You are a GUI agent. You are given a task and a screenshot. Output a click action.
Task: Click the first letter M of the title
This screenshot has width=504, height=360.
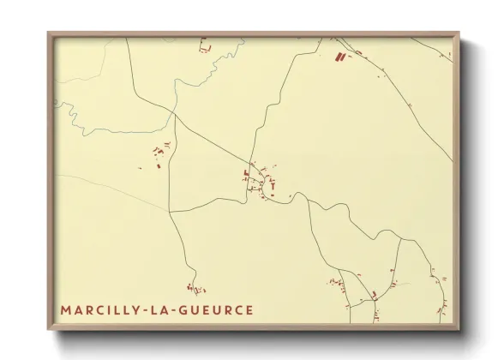tap(66, 309)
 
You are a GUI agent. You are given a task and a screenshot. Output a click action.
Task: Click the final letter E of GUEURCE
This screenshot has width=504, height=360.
tap(249, 309)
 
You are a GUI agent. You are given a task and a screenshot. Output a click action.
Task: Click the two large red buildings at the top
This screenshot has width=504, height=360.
tap(339, 58)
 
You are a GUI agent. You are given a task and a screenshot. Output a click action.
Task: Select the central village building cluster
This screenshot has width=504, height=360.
tap(260, 179)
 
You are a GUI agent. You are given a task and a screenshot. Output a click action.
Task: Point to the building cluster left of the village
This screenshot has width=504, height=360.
tap(159, 157)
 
